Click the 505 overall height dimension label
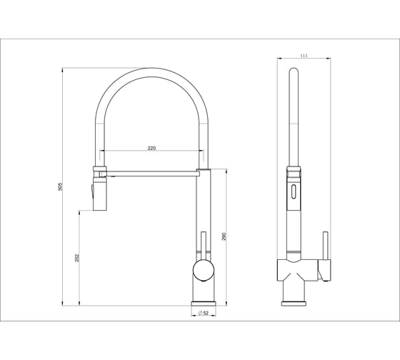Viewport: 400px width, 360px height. (x=60, y=186)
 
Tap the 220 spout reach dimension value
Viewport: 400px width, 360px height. (x=151, y=148)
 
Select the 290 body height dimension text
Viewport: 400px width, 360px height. (x=224, y=236)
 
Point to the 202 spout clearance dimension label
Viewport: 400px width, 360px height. (x=77, y=258)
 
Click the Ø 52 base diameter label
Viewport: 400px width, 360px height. (x=204, y=313)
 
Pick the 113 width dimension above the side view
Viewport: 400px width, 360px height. (x=304, y=56)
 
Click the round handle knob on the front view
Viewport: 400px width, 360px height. (x=204, y=270)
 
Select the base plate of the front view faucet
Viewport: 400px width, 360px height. (x=204, y=304)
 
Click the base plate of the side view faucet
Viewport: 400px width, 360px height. (x=294, y=304)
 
